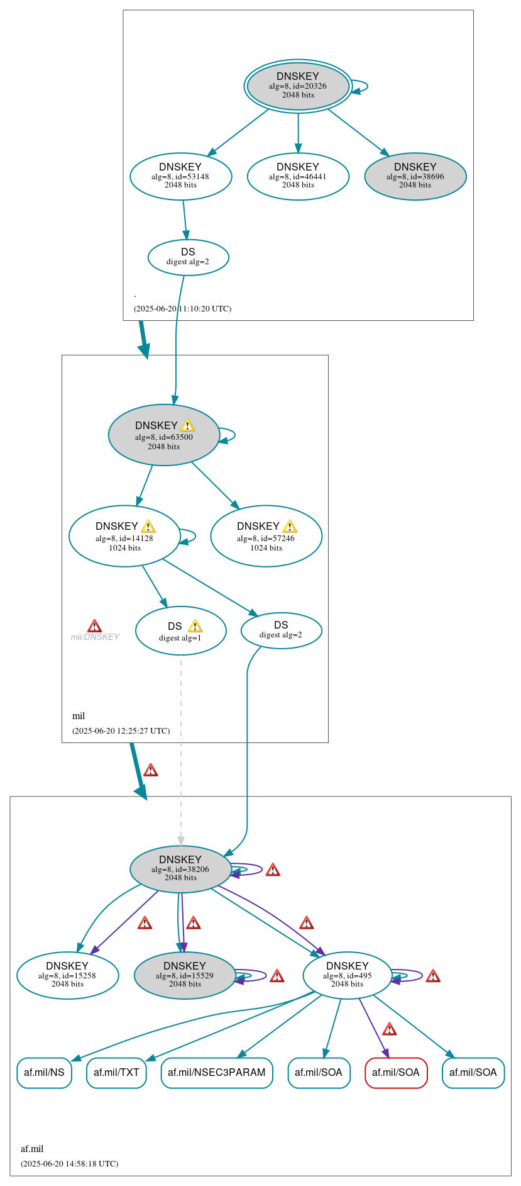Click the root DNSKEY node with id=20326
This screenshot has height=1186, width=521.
click(298, 86)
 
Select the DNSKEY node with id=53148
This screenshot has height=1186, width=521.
click(180, 176)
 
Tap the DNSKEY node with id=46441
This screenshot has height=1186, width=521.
click(298, 176)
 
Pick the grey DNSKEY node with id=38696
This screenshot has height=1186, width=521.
click(415, 176)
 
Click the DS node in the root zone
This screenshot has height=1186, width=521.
click(188, 257)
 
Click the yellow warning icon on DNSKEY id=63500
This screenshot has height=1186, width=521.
click(187, 425)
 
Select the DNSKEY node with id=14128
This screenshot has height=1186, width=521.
click(124, 536)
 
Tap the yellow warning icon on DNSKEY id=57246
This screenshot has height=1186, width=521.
click(290, 526)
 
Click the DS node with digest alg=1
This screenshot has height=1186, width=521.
click(180, 631)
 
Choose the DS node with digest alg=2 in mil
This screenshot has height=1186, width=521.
click(281, 630)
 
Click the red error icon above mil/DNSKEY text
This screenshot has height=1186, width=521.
click(94, 625)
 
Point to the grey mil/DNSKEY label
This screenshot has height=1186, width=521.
click(95, 637)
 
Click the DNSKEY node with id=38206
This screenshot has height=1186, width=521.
click(180, 868)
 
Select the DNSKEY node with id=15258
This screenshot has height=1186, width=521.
click(67, 975)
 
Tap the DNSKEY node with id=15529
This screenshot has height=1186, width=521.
click(185, 975)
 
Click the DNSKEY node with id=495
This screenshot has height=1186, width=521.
click(347, 975)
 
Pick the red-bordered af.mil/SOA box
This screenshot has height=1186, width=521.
click(396, 1072)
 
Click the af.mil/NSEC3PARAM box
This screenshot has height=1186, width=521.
click(217, 1072)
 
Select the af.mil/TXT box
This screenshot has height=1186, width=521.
click(116, 1072)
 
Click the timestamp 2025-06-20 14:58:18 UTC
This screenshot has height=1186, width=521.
click(69, 1163)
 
